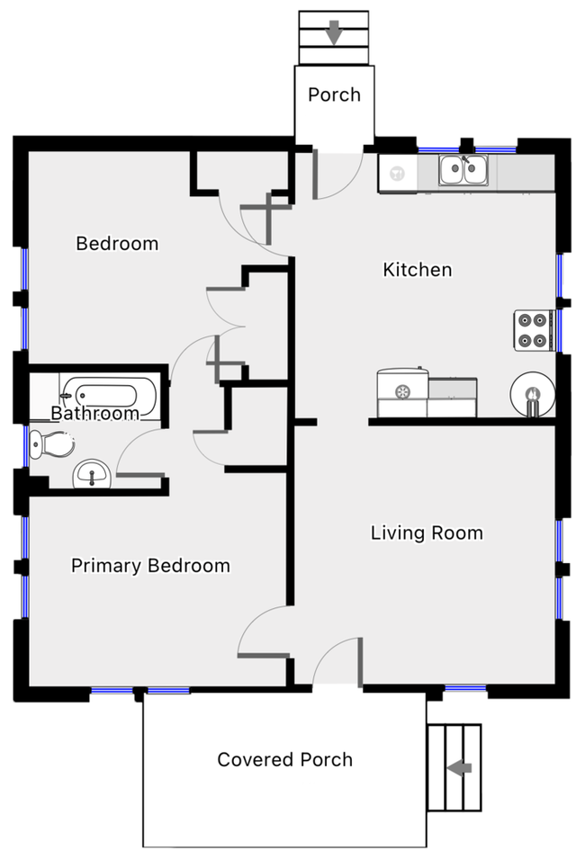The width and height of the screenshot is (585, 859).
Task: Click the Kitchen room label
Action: click(x=417, y=270)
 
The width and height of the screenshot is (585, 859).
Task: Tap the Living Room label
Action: click(x=427, y=532)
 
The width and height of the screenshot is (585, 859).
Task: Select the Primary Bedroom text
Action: click(x=150, y=566)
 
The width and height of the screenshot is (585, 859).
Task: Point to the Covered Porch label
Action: click(x=284, y=759)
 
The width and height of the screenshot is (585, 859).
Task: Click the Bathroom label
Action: click(x=94, y=414)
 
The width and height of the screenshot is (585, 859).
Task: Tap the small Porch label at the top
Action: click(x=334, y=94)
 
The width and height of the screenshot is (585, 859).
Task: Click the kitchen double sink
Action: click(x=463, y=170)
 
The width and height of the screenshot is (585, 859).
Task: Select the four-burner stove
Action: click(x=533, y=329)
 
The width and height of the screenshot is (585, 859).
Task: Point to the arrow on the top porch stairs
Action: click(x=334, y=34)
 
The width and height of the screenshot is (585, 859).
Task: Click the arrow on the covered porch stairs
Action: click(x=460, y=767)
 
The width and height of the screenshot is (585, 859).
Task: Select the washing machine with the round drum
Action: click(x=402, y=391)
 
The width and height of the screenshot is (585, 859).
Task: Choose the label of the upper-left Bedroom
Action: click(x=117, y=243)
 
